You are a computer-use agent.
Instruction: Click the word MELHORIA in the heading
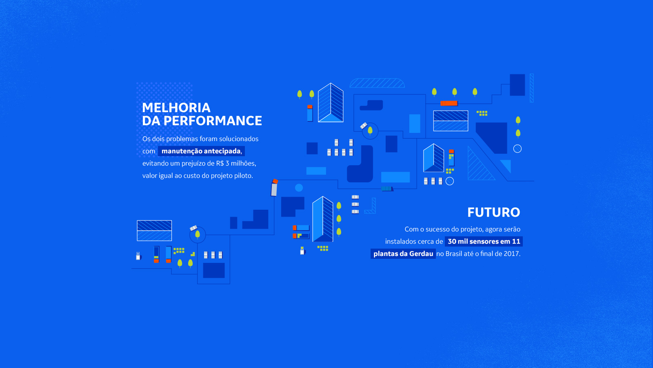click(176, 108)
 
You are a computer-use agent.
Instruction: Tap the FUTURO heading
click(493, 212)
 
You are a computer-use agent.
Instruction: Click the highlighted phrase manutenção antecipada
click(201, 151)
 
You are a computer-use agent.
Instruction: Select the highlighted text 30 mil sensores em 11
click(484, 242)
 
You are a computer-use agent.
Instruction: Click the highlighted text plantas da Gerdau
click(403, 254)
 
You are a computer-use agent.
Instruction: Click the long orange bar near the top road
click(449, 103)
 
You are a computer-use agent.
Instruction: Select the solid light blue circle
click(299, 188)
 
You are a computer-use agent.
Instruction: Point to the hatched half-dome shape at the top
click(377, 83)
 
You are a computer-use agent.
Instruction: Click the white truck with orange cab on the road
click(274, 188)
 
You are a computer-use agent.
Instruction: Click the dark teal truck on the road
click(387, 188)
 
